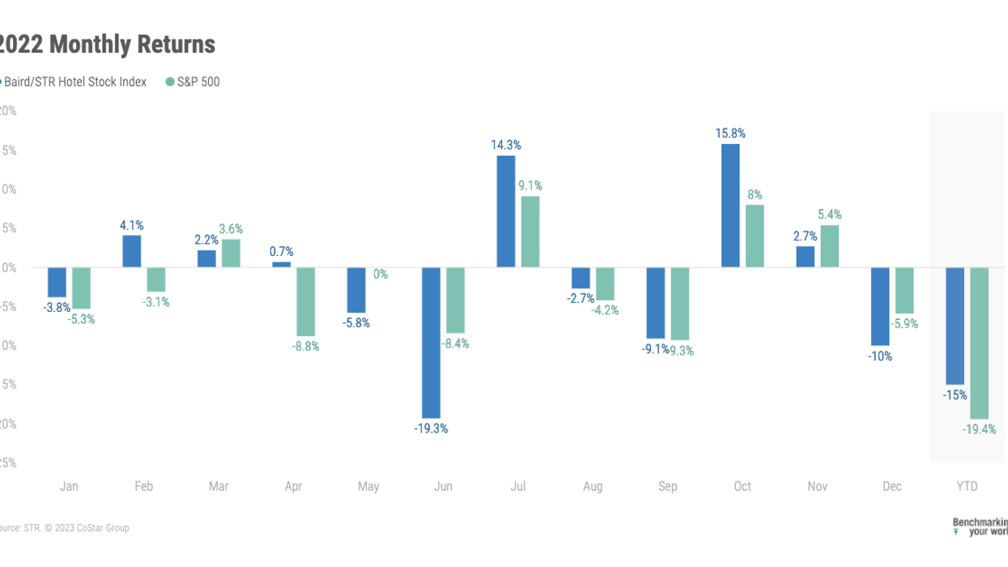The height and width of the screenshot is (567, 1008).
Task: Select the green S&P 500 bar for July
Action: (x=530, y=232)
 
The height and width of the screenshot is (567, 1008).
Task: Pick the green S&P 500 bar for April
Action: (x=305, y=301)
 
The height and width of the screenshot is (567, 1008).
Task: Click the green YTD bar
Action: (x=980, y=343)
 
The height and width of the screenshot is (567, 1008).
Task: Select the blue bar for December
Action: (x=880, y=306)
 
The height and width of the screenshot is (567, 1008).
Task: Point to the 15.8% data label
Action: (x=730, y=133)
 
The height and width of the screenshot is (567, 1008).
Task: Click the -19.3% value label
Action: (x=431, y=428)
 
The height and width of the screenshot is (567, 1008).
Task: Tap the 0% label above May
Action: (x=380, y=275)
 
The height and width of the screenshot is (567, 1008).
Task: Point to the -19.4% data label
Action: (x=980, y=429)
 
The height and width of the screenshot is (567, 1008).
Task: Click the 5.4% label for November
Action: (x=830, y=215)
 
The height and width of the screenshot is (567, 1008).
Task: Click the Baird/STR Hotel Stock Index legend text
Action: (x=76, y=82)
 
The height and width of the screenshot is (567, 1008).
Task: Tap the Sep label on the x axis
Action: (x=668, y=487)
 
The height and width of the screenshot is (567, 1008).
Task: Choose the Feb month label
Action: (x=143, y=487)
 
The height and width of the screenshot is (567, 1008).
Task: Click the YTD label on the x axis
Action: (x=967, y=487)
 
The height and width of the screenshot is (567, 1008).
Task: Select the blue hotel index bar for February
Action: (x=131, y=251)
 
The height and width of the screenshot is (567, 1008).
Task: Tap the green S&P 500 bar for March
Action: (x=231, y=254)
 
